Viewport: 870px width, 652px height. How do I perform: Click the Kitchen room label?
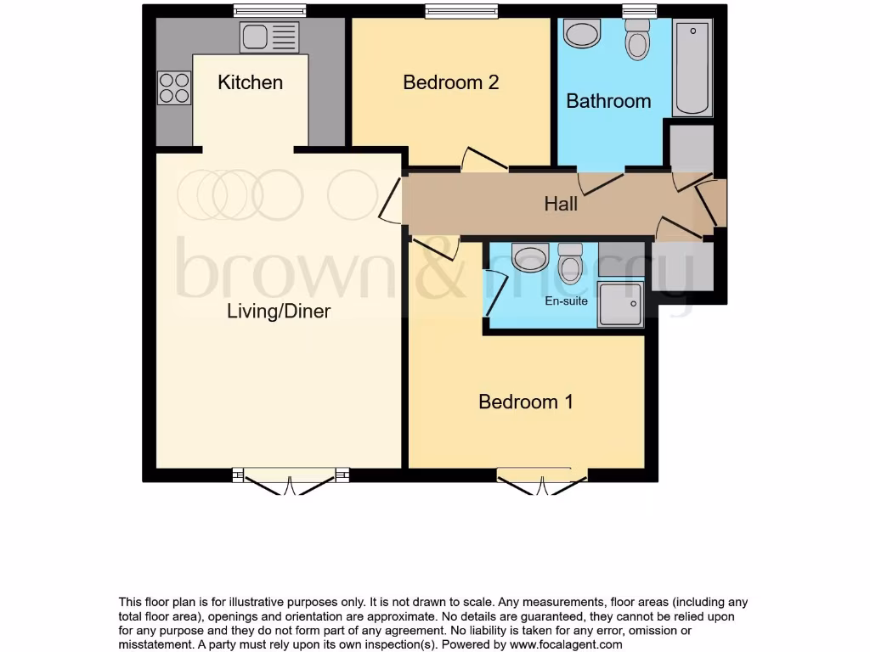250,82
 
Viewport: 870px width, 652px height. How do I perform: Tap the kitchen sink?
269,37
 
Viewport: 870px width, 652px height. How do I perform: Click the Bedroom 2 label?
450,82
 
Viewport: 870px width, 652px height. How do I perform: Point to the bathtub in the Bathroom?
692,68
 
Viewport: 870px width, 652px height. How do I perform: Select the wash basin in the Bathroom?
582,35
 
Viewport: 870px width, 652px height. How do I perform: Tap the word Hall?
561,204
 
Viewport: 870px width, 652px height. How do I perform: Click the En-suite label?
566,301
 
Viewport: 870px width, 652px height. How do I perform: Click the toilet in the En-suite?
570,264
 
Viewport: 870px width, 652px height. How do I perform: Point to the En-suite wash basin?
531,258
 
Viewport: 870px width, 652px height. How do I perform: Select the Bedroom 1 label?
525,402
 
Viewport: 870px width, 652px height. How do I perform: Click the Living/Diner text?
279,311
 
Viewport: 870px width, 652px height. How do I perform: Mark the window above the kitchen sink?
269,11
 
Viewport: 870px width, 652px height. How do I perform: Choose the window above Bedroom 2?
462,11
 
